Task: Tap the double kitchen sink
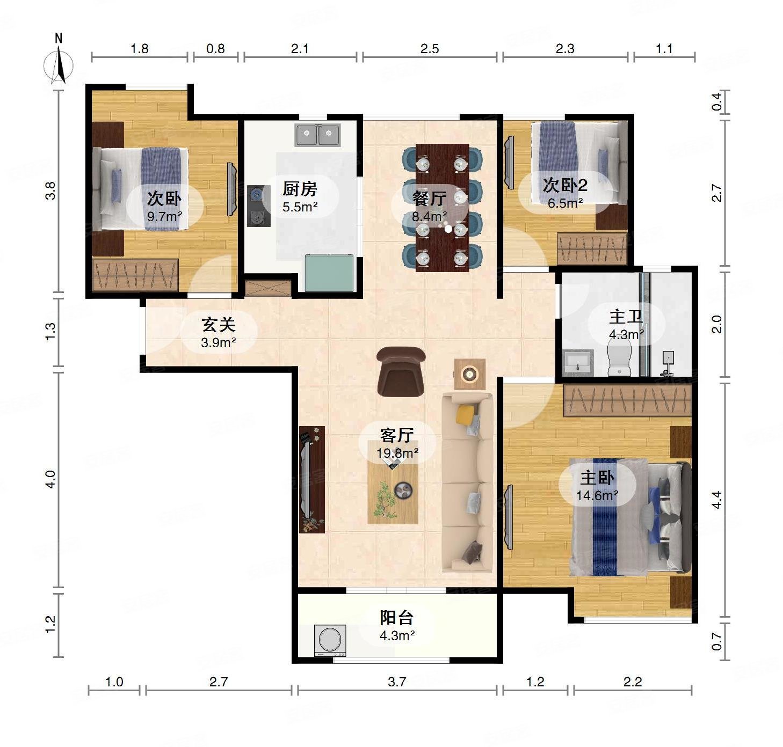[x=318, y=135]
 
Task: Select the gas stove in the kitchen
[x=258, y=206]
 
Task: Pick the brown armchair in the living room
[x=401, y=371]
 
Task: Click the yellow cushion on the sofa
[x=466, y=414]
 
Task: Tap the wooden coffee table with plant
[x=393, y=482]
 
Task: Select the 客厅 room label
[x=397, y=435]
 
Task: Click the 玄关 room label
[x=219, y=325]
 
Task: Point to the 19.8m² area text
[x=397, y=453]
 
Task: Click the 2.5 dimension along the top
[x=429, y=49]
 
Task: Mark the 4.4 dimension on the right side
[x=716, y=500]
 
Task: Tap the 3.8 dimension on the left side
[x=50, y=191]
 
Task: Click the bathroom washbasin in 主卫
[x=578, y=363]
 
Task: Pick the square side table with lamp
[x=469, y=374]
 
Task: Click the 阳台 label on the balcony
[x=397, y=618]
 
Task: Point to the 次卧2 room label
[x=565, y=185]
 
